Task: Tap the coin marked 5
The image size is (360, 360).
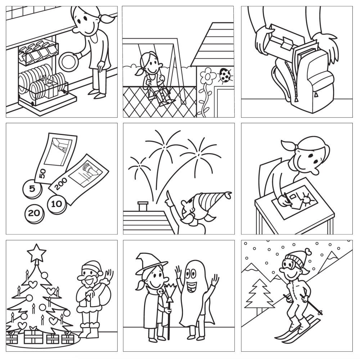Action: pos(32,188)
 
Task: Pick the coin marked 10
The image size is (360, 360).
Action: pos(57,204)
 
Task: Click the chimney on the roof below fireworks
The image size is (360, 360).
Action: pos(143,206)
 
